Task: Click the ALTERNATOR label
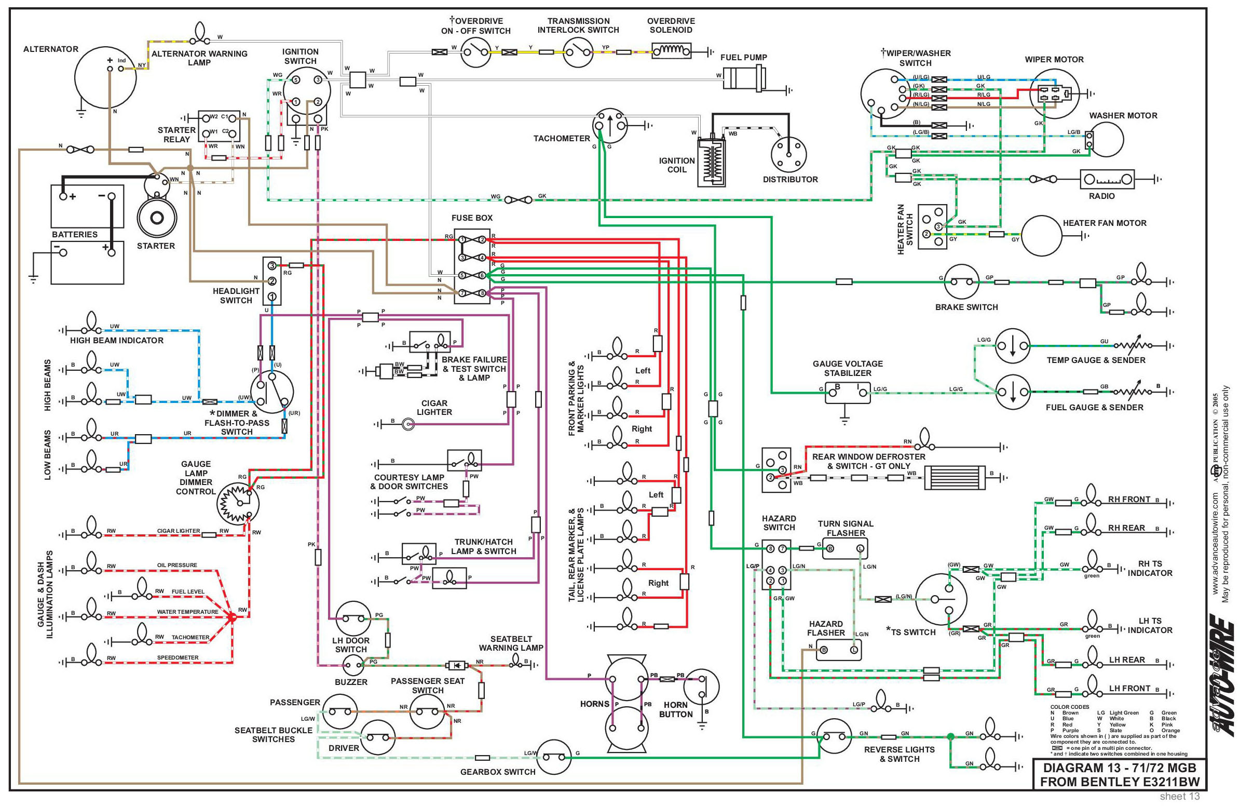tap(50, 49)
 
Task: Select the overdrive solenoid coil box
tap(672, 51)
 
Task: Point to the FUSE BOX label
tap(471, 218)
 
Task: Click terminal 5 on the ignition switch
tap(295, 80)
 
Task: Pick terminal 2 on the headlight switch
tap(272, 281)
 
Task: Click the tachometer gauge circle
tap(609, 126)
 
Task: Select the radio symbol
tap(1107, 179)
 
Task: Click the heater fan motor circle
tap(1041, 236)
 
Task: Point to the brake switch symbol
tap(962, 281)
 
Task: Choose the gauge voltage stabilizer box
tap(847, 392)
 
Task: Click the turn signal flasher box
tap(844, 548)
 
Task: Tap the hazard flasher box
tap(838, 650)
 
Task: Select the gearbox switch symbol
tap(553, 757)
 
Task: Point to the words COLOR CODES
tap(1069, 707)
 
